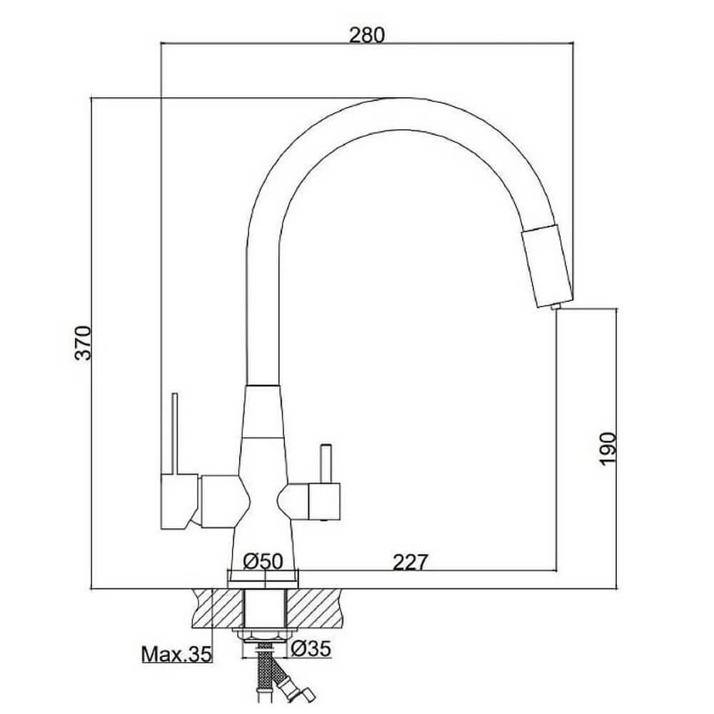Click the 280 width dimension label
[366, 35]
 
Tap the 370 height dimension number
[84, 343]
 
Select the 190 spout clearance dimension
[608, 449]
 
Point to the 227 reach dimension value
[411, 562]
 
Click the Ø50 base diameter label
[263, 561]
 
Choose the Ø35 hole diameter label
[311, 648]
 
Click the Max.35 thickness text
[176, 654]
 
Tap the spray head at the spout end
[546, 266]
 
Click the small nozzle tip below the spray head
[554, 307]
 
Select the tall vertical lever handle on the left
[174, 433]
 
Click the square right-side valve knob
[324, 502]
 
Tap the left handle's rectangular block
[179, 501]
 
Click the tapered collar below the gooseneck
[262, 412]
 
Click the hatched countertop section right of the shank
[313, 608]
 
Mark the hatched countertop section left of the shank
[218, 608]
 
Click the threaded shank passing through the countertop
[265, 608]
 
